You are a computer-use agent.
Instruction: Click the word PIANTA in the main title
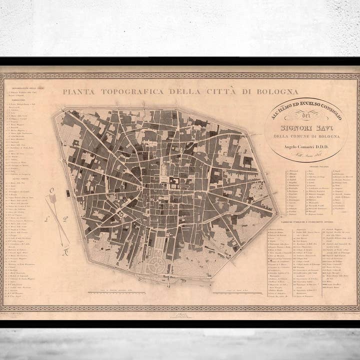(x=78, y=92)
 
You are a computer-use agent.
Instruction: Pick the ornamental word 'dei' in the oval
(x=306, y=119)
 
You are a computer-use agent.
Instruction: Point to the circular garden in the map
(x=157, y=263)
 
